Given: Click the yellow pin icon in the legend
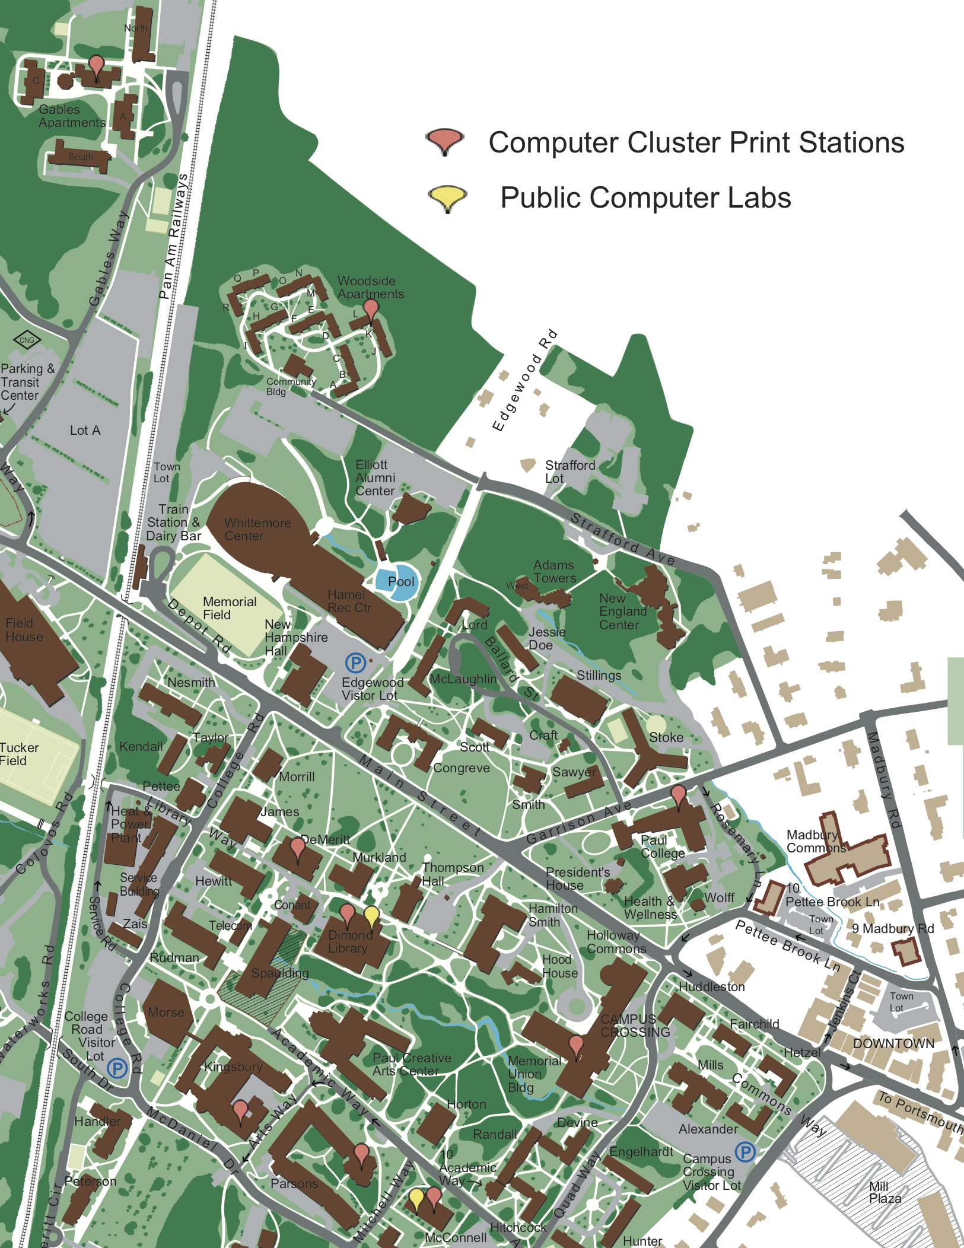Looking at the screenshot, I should (447, 198).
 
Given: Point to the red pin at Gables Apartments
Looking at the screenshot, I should (96, 66).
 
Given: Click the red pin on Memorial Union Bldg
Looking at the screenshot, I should (576, 1046).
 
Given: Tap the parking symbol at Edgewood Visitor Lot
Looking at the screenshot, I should (355, 662).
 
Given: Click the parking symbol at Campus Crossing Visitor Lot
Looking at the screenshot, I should (745, 1152).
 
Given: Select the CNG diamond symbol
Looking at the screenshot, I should (27, 340).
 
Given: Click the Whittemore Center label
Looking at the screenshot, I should (257, 529).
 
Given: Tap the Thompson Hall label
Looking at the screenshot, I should (452, 874).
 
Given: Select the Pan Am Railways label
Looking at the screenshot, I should (173, 236).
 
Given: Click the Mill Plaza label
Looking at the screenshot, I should (885, 1192).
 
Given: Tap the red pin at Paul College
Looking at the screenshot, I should (678, 794).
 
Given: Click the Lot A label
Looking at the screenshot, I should (85, 431).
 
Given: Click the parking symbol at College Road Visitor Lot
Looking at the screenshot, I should (117, 1068).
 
